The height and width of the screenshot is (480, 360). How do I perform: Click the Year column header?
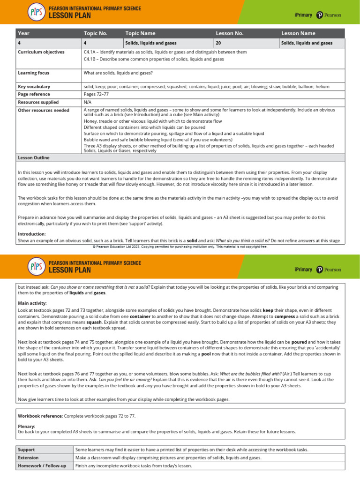tap(23, 33)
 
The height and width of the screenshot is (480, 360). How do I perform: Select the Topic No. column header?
tap(96, 33)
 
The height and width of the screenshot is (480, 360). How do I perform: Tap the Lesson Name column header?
tap(298, 33)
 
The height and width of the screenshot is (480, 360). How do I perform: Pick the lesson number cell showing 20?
tap(218, 43)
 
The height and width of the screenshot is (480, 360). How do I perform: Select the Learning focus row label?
tap(33, 73)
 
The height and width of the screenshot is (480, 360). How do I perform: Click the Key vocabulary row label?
tap(34, 87)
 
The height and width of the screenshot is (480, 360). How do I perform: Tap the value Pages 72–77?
tap(96, 94)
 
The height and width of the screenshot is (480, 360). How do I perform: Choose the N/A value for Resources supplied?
tap(87, 102)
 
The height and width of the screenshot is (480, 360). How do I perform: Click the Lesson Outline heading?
tap(33, 157)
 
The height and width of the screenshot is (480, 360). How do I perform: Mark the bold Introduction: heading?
tap(32, 233)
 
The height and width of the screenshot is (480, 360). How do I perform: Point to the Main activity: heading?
tap(32, 303)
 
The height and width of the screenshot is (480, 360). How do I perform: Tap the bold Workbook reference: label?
tap(40, 416)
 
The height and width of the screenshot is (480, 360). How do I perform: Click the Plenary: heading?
tap(26, 427)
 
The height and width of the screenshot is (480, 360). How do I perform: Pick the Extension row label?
tap(28, 457)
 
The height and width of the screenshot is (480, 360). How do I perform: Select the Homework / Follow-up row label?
tap(42, 465)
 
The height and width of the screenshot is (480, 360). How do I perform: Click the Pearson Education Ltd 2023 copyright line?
tap(180, 246)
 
